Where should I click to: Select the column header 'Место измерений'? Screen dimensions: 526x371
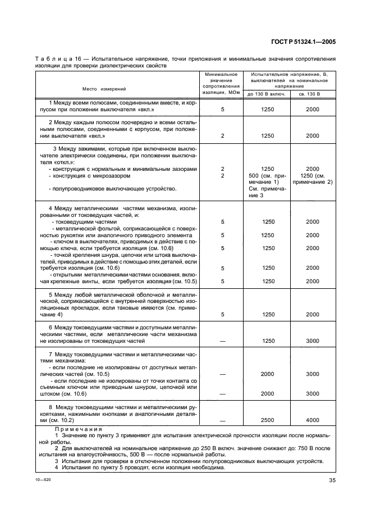104,89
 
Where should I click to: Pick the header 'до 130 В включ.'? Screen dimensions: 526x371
267,94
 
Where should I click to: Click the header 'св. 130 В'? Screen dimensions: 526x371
312,94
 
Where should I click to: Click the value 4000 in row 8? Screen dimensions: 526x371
312,420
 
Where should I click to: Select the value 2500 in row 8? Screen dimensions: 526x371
268,420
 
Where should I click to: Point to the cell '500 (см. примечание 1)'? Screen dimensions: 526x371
268,179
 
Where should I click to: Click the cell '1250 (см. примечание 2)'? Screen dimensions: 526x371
312,179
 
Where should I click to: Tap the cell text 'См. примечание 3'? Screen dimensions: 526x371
268,192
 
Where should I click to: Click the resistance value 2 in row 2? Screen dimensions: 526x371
222,136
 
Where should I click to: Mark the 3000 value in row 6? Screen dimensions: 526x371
312,341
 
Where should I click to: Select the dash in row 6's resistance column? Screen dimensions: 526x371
222,341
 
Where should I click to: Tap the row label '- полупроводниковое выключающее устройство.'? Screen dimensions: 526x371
113,188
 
